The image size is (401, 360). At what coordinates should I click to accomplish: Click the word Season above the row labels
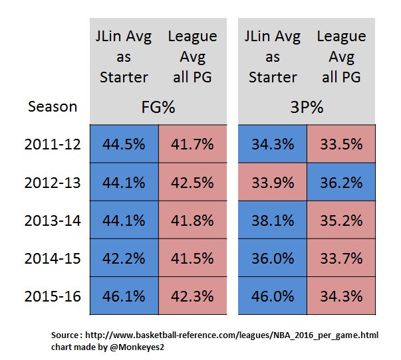tap(53, 106)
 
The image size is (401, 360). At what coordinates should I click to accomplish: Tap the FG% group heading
tap(158, 106)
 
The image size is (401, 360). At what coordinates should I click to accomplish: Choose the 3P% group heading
tap(307, 106)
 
